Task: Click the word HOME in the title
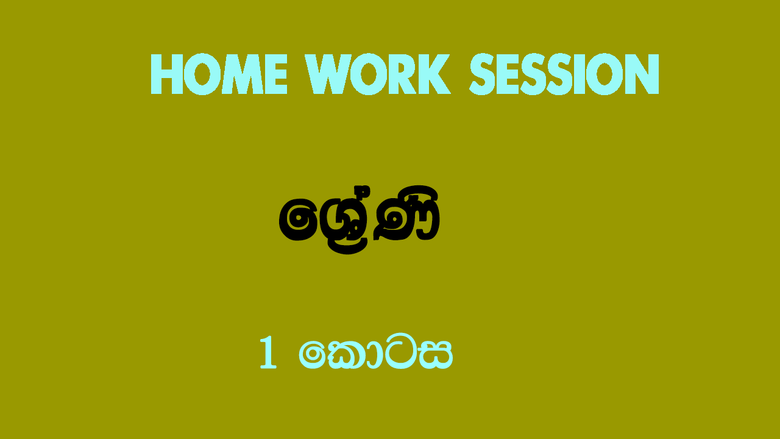[219, 74]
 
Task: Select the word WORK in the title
[378, 74]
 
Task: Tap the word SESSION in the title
[564, 74]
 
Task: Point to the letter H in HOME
[167, 74]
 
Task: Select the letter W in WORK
[330, 74]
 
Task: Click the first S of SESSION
[483, 74]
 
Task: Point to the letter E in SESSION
[508, 74]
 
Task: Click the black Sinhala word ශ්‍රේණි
[359, 220]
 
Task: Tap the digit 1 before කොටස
[268, 352]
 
